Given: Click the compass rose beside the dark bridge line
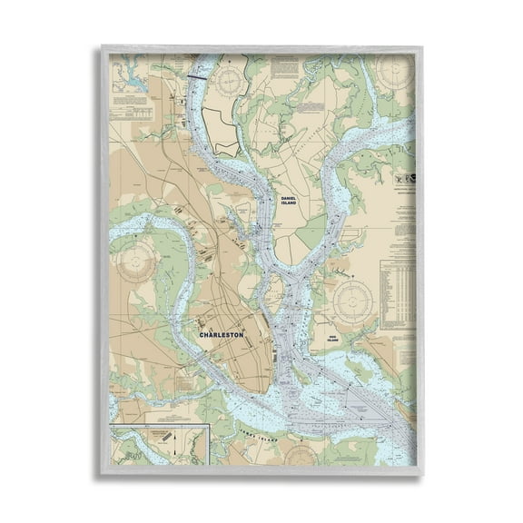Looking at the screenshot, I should pos(229,80).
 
